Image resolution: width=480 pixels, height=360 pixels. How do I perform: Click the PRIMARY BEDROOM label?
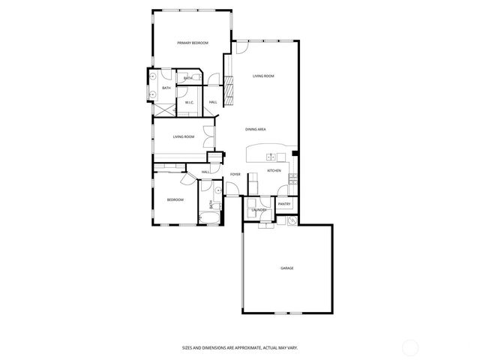pyautogui.click(x=193, y=43)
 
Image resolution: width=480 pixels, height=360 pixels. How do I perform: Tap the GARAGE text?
pyautogui.click(x=286, y=268)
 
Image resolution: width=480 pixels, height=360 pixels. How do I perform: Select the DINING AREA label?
pyautogui.click(x=256, y=130)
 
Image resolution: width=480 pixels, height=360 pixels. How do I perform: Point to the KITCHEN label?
pyautogui.click(x=274, y=172)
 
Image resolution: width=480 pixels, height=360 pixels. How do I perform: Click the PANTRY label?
pyautogui.click(x=284, y=204)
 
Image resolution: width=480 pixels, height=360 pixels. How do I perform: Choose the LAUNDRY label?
pyautogui.click(x=259, y=210)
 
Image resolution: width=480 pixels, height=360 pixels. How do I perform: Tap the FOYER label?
pyautogui.click(x=235, y=175)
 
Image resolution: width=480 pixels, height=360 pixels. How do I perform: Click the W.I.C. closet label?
pyautogui.click(x=190, y=102)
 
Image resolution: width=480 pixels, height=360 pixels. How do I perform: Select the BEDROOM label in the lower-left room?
pyautogui.click(x=175, y=199)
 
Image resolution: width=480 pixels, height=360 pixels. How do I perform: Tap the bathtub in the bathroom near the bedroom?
pyautogui.click(x=209, y=218)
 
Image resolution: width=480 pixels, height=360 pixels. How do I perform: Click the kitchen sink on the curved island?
pyautogui.click(x=271, y=157)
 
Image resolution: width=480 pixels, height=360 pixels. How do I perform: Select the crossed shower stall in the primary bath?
pyautogui.click(x=163, y=107)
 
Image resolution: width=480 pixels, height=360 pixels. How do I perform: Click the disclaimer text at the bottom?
pyautogui.click(x=240, y=347)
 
